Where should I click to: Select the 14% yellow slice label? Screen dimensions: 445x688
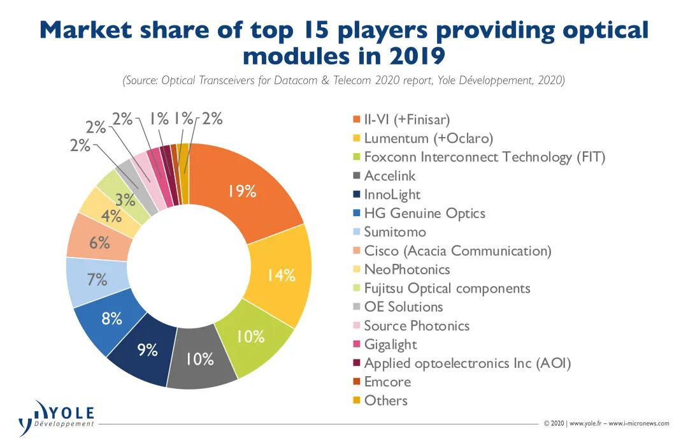coord(281,275)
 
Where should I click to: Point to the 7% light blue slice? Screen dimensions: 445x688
coord(97,279)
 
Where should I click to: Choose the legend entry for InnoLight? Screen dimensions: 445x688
coord(392,195)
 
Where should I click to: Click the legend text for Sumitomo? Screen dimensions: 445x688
coord(395,232)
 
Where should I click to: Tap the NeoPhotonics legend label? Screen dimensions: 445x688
coord(406,270)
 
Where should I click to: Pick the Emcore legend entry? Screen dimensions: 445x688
coord(387,382)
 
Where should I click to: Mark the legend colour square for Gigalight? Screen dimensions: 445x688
coord(356,345)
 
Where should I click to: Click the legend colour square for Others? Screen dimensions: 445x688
coord(356,401)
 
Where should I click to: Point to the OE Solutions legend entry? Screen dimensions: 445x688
coord(403,307)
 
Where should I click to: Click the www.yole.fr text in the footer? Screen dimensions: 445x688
coord(585,423)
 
